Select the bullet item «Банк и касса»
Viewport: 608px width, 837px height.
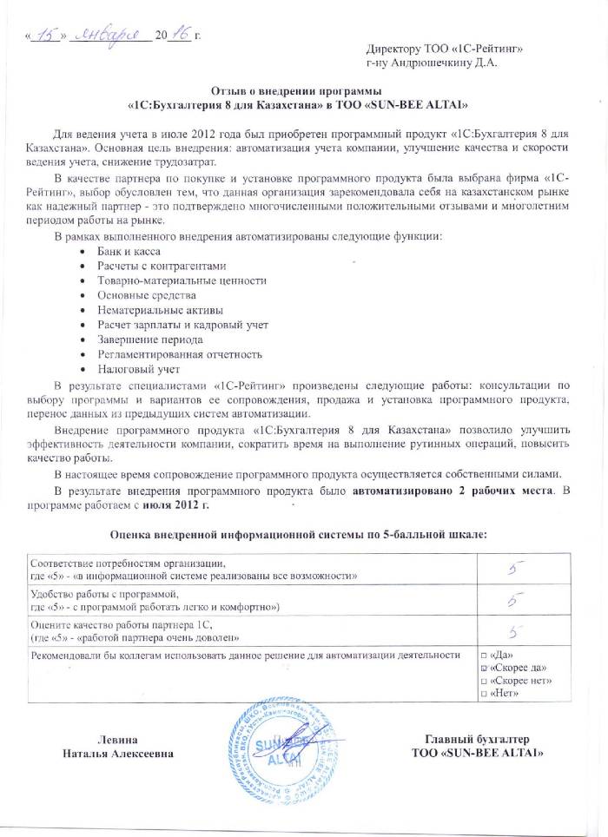(x=129, y=251)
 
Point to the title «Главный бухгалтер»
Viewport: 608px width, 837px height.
(x=478, y=736)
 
